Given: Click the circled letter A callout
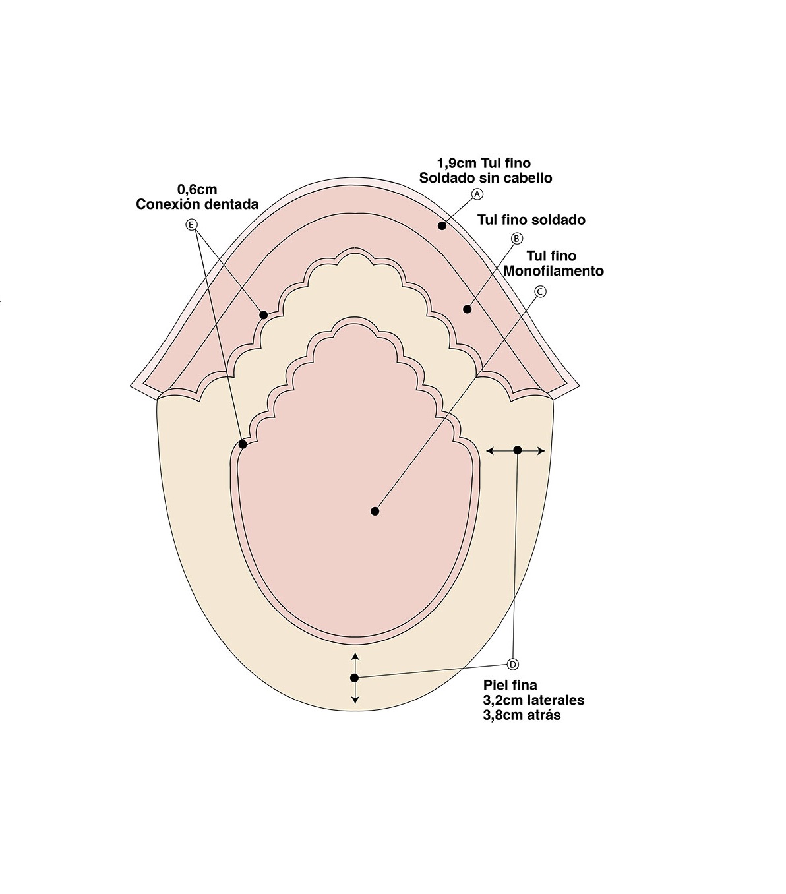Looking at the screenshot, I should click(x=478, y=194).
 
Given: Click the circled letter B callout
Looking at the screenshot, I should click(x=517, y=238).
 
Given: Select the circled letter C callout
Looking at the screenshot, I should click(x=540, y=291).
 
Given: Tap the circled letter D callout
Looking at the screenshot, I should click(x=514, y=664).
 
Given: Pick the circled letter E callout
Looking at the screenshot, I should click(x=192, y=225).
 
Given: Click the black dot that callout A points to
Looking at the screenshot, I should click(x=442, y=226).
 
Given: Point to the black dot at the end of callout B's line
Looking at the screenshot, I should click(x=468, y=308).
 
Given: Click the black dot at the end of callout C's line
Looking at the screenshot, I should click(x=375, y=511).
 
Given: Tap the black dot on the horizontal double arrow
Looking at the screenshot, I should click(x=518, y=450).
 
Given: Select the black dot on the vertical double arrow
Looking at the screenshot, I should click(x=355, y=678).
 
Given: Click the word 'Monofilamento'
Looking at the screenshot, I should click(x=553, y=271).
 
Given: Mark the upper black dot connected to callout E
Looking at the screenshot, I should click(x=264, y=315).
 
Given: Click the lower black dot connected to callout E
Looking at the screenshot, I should click(x=243, y=444).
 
